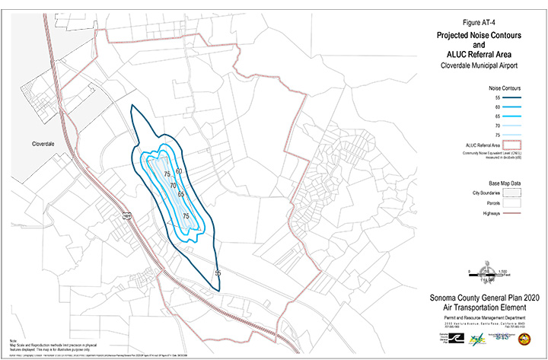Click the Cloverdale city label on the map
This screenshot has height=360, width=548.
pyautogui.click(x=47, y=143)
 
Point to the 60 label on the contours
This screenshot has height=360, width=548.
pyautogui.click(x=179, y=171)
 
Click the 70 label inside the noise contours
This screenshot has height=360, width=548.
pyautogui.click(x=173, y=186)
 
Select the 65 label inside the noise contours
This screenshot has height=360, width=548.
pyautogui.click(x=181, y=194)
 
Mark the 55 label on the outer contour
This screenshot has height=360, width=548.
pyautogui.click(x=218, y=272)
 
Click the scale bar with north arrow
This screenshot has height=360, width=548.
pyautogui.click(x=486, y=272)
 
